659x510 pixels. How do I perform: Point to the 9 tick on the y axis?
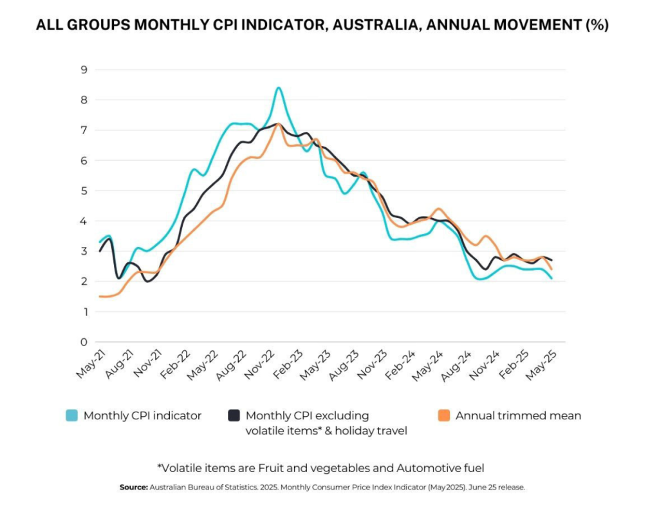coord(83,69)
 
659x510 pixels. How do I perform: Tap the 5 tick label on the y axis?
coord(83,190)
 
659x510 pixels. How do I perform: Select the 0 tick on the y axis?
coord(83,342)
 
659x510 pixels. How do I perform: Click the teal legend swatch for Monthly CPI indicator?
coord(72,415)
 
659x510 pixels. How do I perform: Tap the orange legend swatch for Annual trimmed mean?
coord(444,415)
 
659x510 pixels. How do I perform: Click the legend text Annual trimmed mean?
coord(518,415)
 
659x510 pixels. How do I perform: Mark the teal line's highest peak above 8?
coord(278,87)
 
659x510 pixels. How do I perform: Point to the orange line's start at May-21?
coord(100,296)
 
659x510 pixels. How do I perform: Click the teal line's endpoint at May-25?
coord(552,278)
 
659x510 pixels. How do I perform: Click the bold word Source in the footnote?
coord(133,487)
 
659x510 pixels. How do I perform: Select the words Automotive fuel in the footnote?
coord(445,467)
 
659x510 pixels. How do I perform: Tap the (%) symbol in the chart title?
coord(596,25)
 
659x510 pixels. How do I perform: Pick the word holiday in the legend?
coord(351,431)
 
